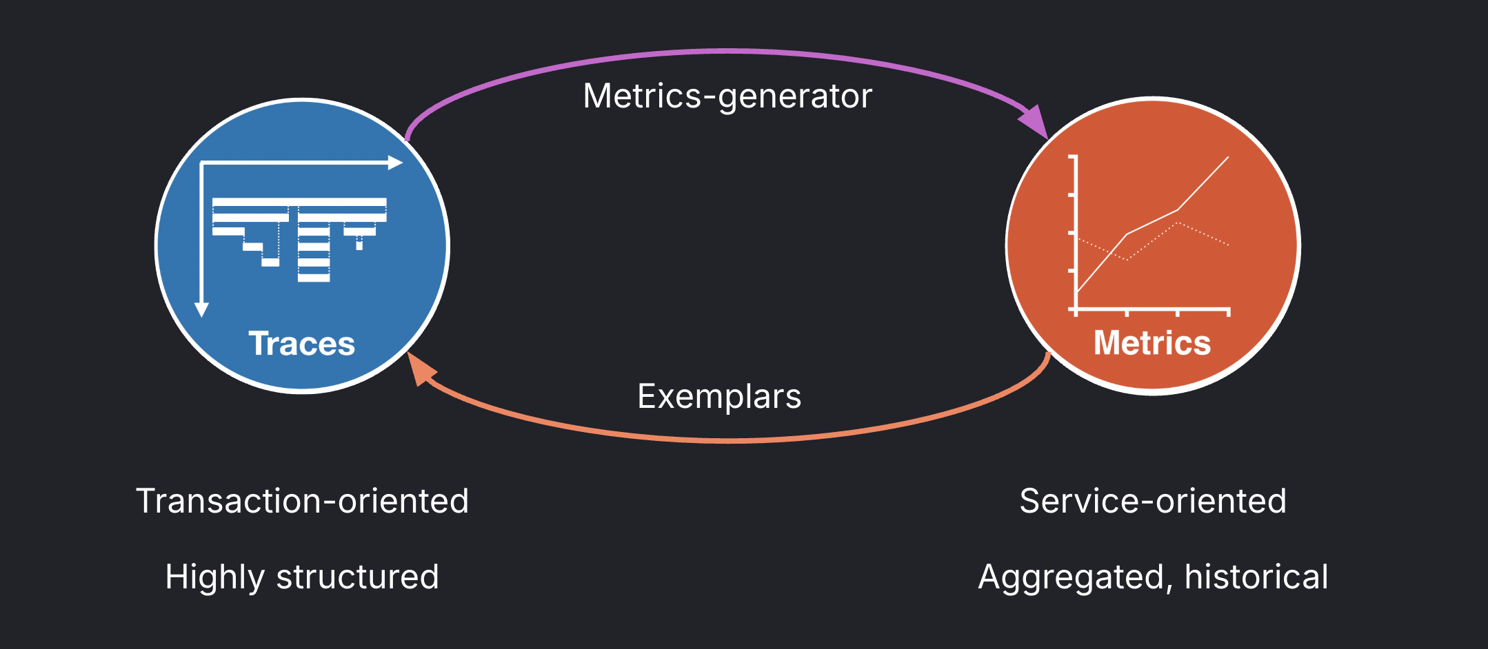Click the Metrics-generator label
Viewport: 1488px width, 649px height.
click(x=727, y=96)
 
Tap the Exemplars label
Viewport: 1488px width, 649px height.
click(x=719, y=397)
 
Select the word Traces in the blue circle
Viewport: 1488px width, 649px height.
click(x=301, y=343)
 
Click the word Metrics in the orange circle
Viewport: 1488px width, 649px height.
click(x=1152, y=342)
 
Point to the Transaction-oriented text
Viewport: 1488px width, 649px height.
click(x=302, y=501)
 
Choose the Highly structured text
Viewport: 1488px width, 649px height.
click(x=302, y=577)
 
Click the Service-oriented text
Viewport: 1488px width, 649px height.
click(x=1153, y=501)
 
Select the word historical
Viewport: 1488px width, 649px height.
click(x=1256, y=577)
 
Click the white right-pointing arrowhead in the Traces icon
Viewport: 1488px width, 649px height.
click(x=395, y=163)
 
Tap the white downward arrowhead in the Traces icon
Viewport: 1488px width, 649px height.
click(x=201, y=309)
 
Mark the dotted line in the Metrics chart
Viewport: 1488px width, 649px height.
click(x=1203, y=234)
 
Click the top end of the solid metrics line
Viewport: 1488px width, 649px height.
click(x=1227, y=158)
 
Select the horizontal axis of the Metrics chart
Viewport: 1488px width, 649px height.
click(x=1152, y=310)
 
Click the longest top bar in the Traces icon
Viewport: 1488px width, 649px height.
click(x=299, y=203)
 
